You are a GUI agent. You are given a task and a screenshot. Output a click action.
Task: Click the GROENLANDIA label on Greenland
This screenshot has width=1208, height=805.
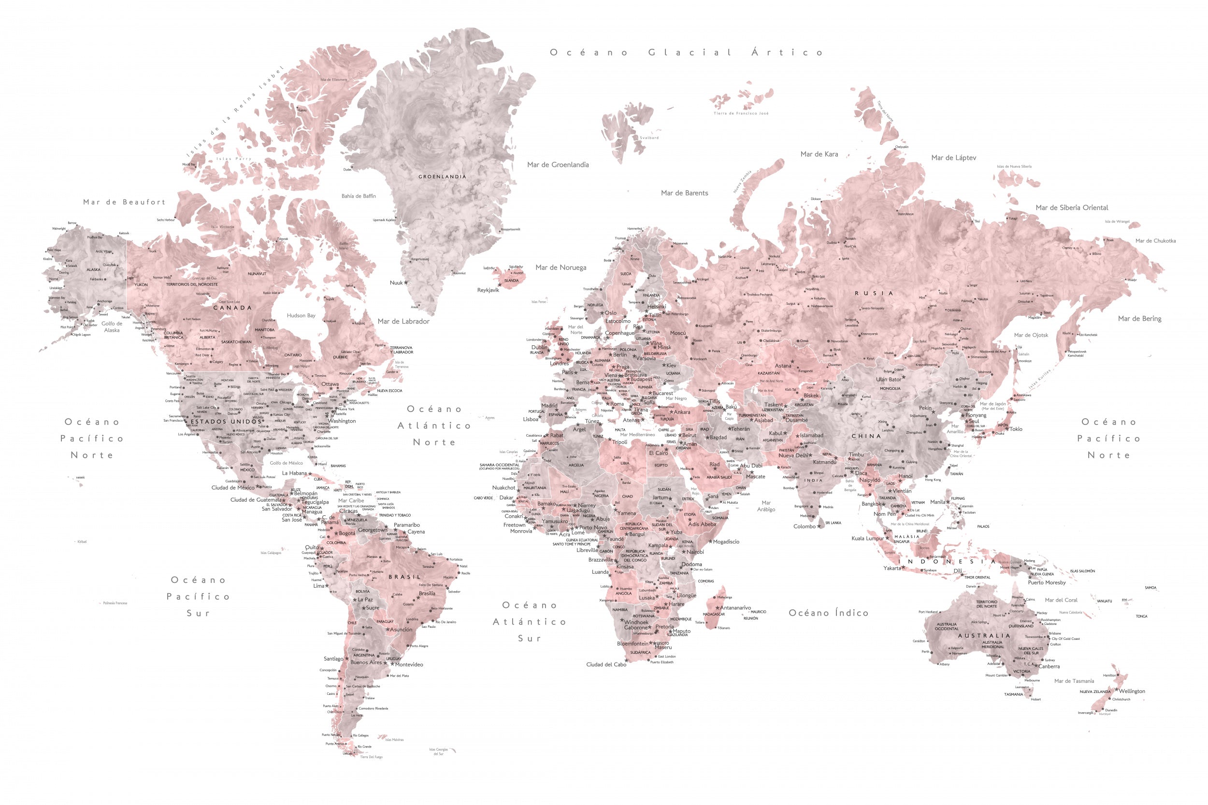click(x=442, y=177)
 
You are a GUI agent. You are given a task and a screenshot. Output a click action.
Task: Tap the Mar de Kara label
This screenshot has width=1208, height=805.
click(x=819, y=154)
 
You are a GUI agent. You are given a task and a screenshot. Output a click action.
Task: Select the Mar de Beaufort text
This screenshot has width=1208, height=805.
click(x=124, y=202)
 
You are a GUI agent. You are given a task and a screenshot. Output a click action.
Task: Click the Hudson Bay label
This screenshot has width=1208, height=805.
click(x=301, y=316)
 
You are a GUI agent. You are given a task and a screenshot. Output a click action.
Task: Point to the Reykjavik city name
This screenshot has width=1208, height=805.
click(x=488, y=290)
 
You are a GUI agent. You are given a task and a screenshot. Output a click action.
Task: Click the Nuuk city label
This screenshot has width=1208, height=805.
click(x=396, y=283)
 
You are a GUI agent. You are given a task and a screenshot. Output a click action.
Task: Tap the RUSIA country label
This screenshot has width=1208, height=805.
click(x=874, y=293)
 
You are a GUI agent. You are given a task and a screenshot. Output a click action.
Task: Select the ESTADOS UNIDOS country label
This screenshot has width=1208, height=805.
click(x=227, y=422)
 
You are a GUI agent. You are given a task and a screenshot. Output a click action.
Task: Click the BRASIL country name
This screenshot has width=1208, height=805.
click(x=404, y=577)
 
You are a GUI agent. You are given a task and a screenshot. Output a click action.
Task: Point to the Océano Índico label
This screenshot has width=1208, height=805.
click(x=828, y=613)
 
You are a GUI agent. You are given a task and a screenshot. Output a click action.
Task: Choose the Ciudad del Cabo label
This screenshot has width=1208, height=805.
click(x=606, y=664)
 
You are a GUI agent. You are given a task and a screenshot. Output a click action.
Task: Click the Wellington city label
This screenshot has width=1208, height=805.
click(x=1132, y=691)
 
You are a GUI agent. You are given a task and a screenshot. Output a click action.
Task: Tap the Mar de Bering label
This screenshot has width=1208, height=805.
click(x=1140, y=319)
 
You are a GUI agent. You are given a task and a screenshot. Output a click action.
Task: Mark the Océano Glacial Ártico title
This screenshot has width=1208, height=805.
click(x=687, y=52)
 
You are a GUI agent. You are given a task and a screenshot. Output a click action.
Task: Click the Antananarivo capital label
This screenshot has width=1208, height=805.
click(x=735, y=608)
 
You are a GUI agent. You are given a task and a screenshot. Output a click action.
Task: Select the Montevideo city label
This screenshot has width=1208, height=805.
click(x=409, y=664)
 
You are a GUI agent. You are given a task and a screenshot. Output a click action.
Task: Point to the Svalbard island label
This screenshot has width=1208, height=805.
click(x=649, y=138)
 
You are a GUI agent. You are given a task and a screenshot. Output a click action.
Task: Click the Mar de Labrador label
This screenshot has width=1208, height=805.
click(x=403, y=322)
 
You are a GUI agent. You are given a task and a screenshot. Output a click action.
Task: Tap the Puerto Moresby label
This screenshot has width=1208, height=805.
click(x=1047, y=583)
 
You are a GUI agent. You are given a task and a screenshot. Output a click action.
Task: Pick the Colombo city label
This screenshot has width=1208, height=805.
click(x=805, y=526)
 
